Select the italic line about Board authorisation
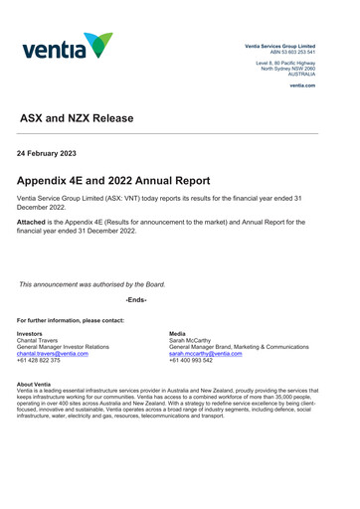point(91,284)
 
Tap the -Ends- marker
point(136,299)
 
